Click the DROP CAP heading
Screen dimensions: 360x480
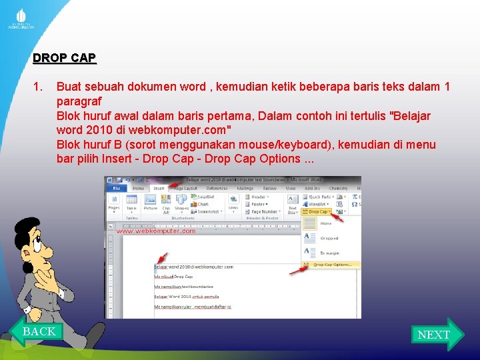pyautogui.click(x=64, y=58)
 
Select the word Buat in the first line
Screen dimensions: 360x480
pyautogui.click(x=69, y=87)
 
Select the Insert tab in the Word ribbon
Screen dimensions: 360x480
pyautogui.click(x=159, y=189)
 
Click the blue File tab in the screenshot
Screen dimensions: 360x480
pyautogui.click(x=115, y=189)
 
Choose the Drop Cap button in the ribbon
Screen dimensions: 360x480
pyautogui.click(x=317, y=211)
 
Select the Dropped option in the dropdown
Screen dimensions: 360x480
pyautogui.click(x=329, y=237)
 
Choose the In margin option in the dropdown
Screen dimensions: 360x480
pyautogui.click(x=331, y=252)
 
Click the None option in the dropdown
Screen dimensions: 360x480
pyautogui.click(x=327, y=223)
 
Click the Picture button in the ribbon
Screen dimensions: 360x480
pyautogui.click(x=151, y=204)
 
